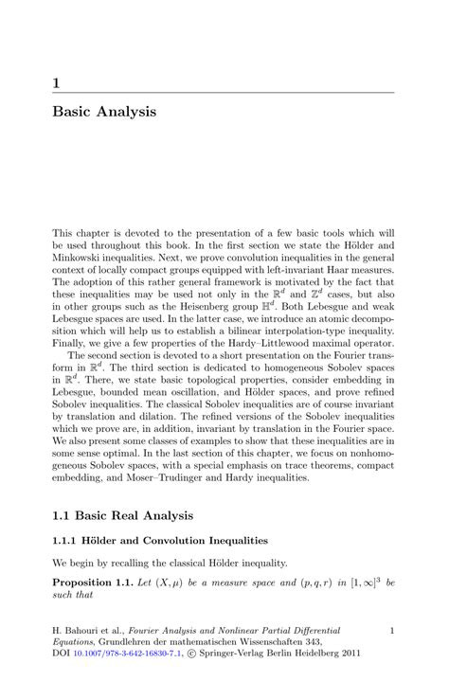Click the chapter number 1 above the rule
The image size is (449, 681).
click(x=57, y=82)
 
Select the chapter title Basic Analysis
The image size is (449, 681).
click(x=104, y=112)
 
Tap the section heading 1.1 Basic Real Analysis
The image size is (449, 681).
click(x=122, y=516)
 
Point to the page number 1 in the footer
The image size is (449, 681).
click(x=391, y=629)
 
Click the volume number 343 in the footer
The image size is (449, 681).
click(x=336, y=641)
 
